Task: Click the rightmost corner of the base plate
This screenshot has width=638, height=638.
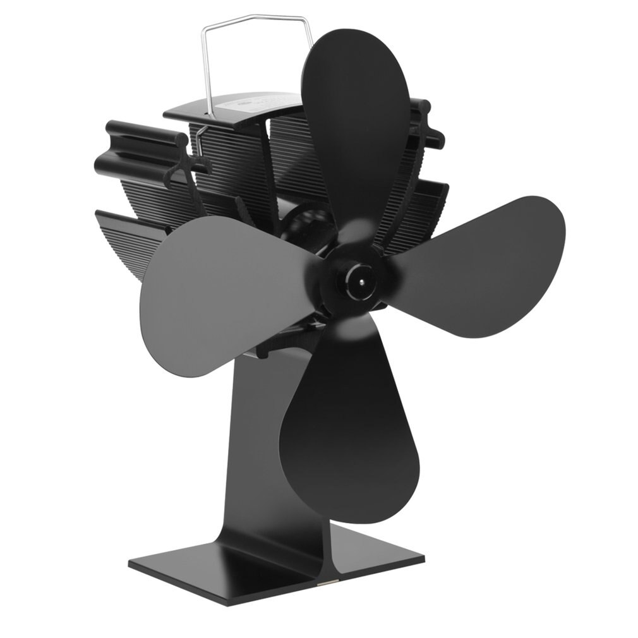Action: pyautogui.click(x=422, y=557)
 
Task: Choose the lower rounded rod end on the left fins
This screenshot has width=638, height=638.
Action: pyautogui.click(x=101, y=166)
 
